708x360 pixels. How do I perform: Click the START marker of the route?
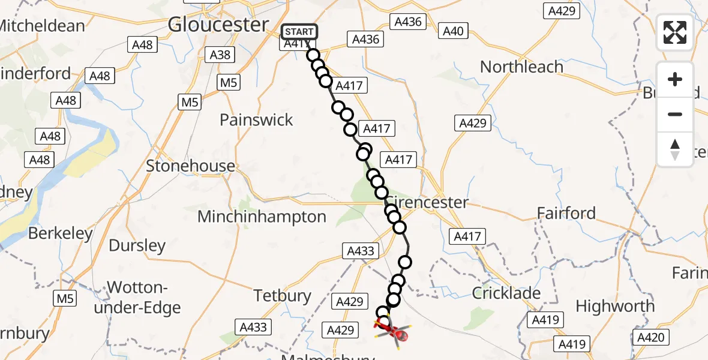pos(298,32)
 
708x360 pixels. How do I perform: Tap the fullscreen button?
pos(675,32)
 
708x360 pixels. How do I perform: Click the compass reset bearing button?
pos(675,149)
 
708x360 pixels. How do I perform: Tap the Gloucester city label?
pos(218,25)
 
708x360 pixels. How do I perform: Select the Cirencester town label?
pos(427,202)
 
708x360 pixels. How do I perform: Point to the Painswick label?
pos(256,120)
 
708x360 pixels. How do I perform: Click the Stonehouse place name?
pos(191,166)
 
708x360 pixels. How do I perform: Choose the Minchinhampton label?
pos(262,217)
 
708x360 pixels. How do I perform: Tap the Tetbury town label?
pos(283,296)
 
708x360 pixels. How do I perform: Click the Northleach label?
pos(521,67)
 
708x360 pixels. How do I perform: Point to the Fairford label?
pos(566,214)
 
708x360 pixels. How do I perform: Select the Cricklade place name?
pos(506,293)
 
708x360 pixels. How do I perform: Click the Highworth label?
pos(615,306)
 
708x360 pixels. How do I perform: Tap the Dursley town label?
pos(137,245)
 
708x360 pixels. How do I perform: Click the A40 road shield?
pos(453,31)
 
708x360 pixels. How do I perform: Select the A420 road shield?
pos(651,338)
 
